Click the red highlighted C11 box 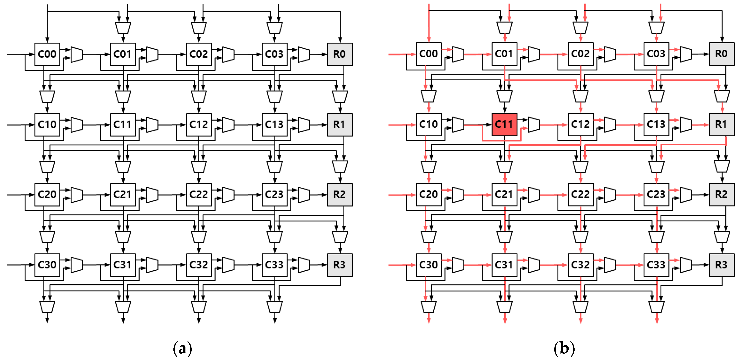tap(504, 124)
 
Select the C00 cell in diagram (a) tap(47, 54)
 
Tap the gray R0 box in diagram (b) tap(721, 54)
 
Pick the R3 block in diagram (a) tap(340, 265)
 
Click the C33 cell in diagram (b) tap(656, 265)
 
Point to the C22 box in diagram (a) tap(199, 195)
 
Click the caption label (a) tap(182, 348)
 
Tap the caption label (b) tap(564, 348)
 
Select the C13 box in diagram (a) tap(275, 124)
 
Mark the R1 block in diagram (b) tap(721, 124)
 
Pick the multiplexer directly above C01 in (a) tap(123, 28)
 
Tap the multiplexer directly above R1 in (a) tap(340, 97)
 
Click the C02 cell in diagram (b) tap(580, 54)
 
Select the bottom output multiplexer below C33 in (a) tap(275, 307)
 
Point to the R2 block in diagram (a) tap(340, 195)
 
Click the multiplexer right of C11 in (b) tap(534, 124)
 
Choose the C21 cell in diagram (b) tap(504, 195)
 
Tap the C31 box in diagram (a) tap(123, 265)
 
